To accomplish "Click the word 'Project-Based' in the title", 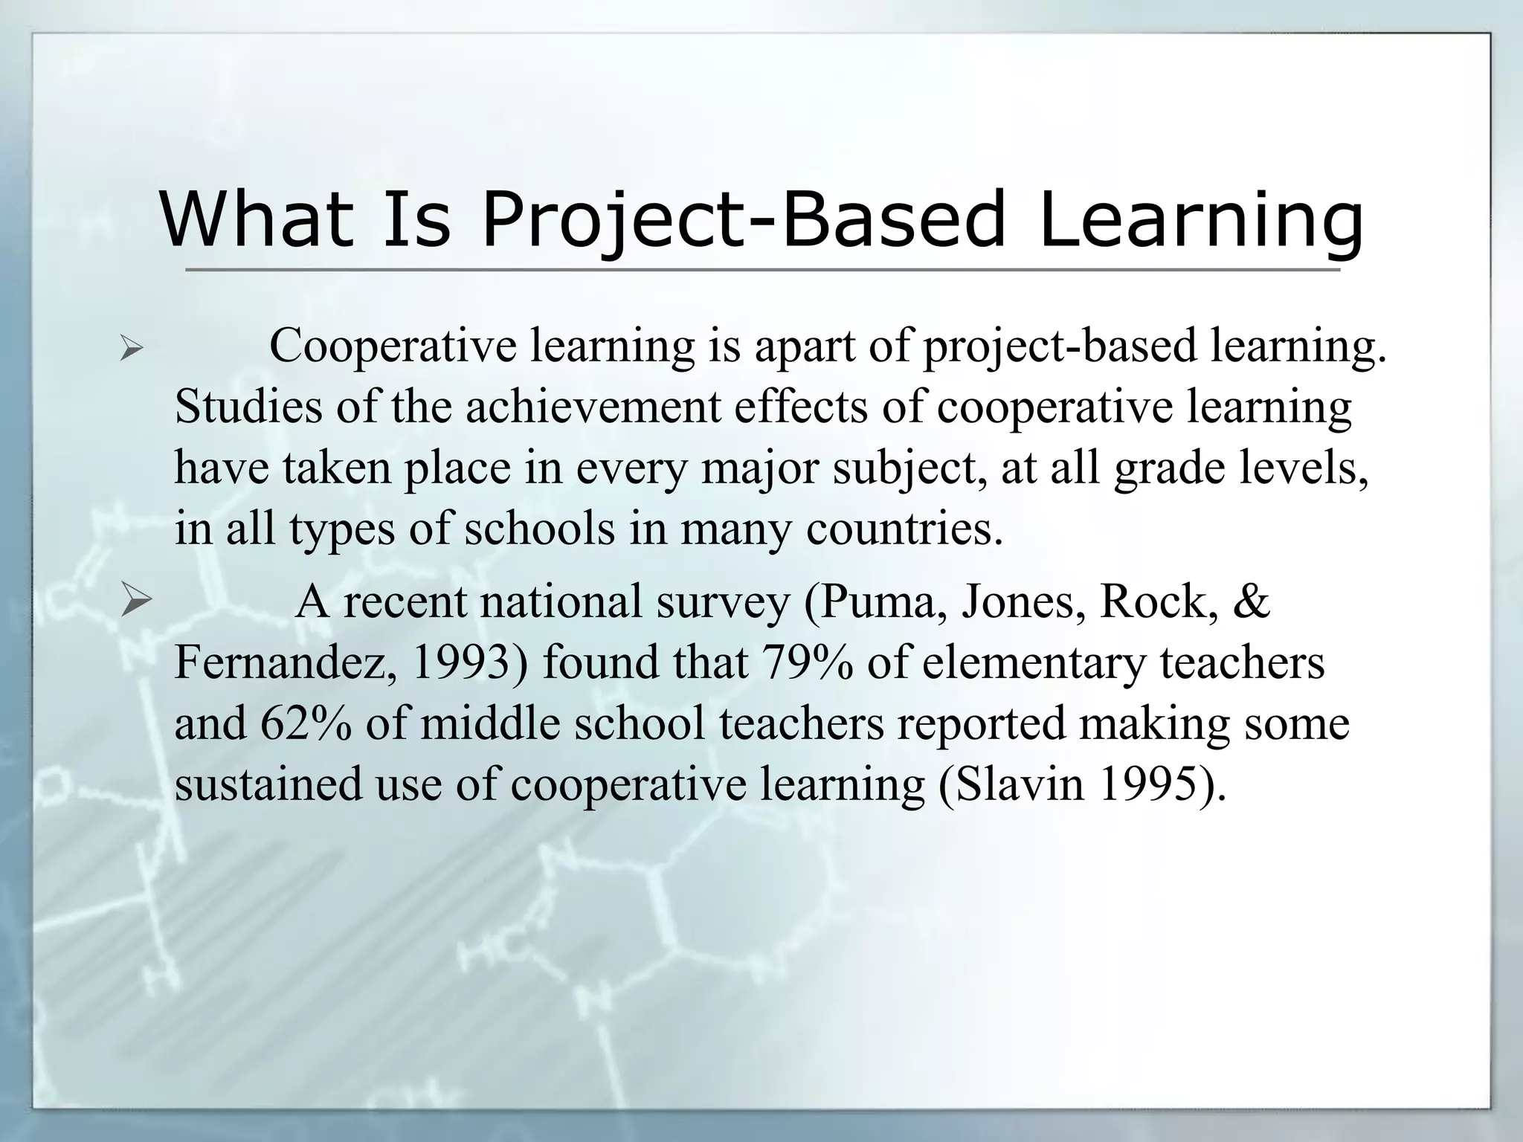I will (x=744, y=219).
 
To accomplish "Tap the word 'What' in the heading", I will (x=257, y=219).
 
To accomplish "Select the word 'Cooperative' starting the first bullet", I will (x=393, y=346).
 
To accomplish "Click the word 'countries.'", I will (x=904, y=529).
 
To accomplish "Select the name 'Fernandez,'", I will (x=286, y=662).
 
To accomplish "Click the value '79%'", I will (x=807, y=662).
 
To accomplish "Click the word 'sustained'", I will (x=268, y=784).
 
